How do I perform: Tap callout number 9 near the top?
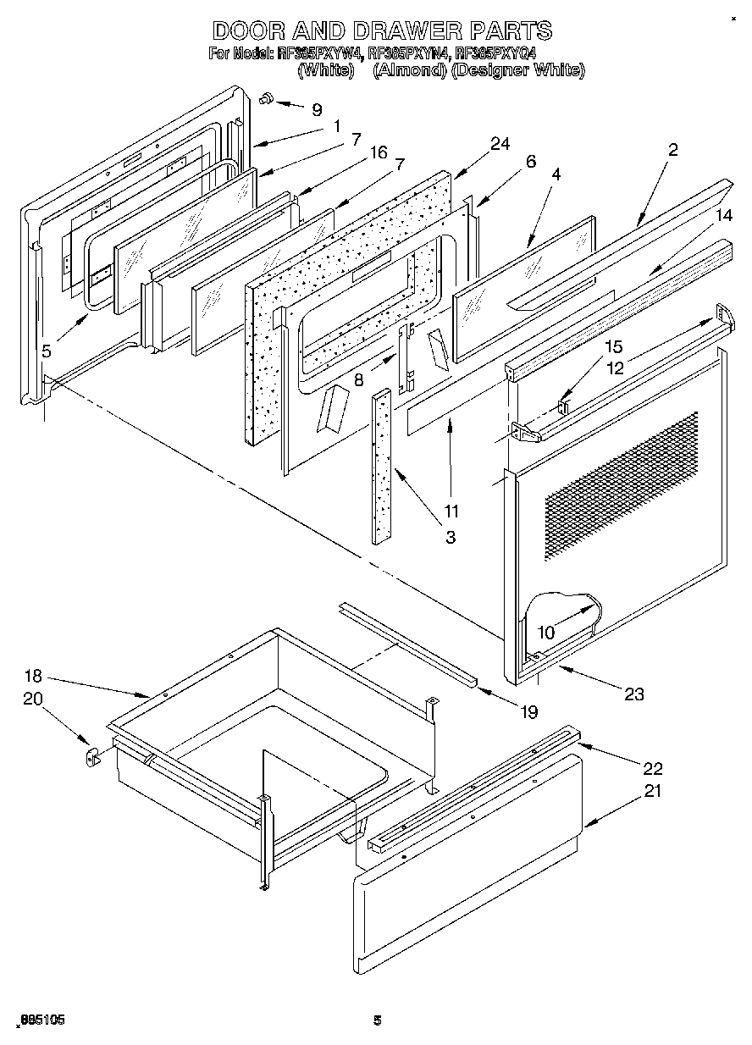pyautogui.click(x=317, y=109)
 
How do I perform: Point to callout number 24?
pyautogui.click(x=500, y=144)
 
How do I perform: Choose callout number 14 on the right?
pyautogui.click(x=722, y=216)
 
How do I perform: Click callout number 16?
pyautogui.click(x=378, y=152)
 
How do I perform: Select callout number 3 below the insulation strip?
pyautogui.click(x=451, y=537)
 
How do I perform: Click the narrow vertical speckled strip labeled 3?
pyautogui.click(x=381, y=466)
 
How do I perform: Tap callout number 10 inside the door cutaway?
pyautogui.click(x=546, y=632)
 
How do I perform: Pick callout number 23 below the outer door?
pyautogui.click(x=633, y=694)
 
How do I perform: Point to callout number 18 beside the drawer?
pyautogui.click(x=33, y=678)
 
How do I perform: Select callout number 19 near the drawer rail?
pyautogui.click(x=528, y=712)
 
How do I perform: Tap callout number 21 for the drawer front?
pyautogui.click(x=652, y=791)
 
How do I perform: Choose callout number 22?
pyautogui.click(x=652, y=769)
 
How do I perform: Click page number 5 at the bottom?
pyautogui.click(x=378, y=1021)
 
